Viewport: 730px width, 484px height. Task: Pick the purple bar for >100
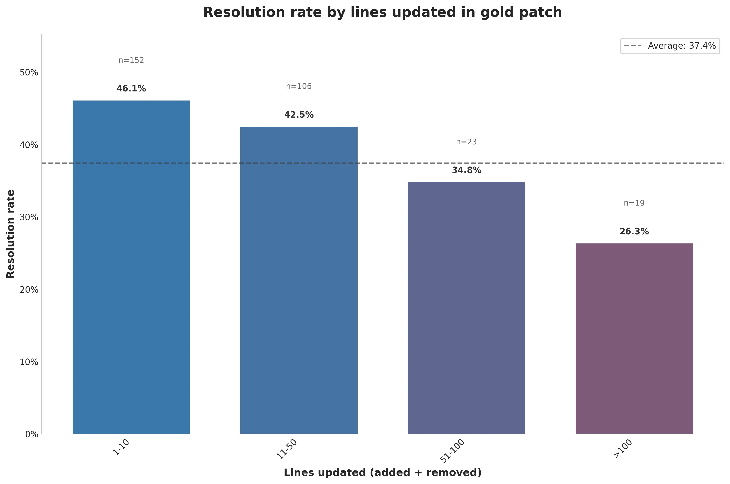coord(634,338)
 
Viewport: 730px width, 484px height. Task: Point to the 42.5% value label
coord(299,115)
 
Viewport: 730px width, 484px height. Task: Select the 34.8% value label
coord(466,170)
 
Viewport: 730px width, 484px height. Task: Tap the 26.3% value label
coord(634,231)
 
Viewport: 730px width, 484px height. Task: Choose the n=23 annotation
coord(466,142)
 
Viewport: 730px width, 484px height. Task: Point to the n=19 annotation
coord(634,203)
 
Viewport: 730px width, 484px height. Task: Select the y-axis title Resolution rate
coord(10,234)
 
